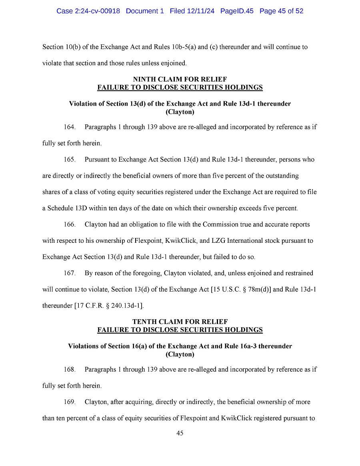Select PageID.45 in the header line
click(x=237, y=11)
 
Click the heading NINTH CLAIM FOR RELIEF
click(x=180, y=80)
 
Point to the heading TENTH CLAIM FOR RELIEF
click(x=180, y=322)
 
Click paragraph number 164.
click(x=70, y=127)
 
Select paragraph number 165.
click(x=70, y=160)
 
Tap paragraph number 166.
click(x=70, y=224)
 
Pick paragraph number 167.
click(x=70, y=273)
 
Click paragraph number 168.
click(x=70, y=370)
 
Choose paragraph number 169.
click(x=70, y=402)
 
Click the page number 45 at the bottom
click(x=180, y=433)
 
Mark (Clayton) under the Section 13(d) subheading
click(x=180, y=112)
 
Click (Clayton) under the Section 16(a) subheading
click(x=180, y=354)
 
